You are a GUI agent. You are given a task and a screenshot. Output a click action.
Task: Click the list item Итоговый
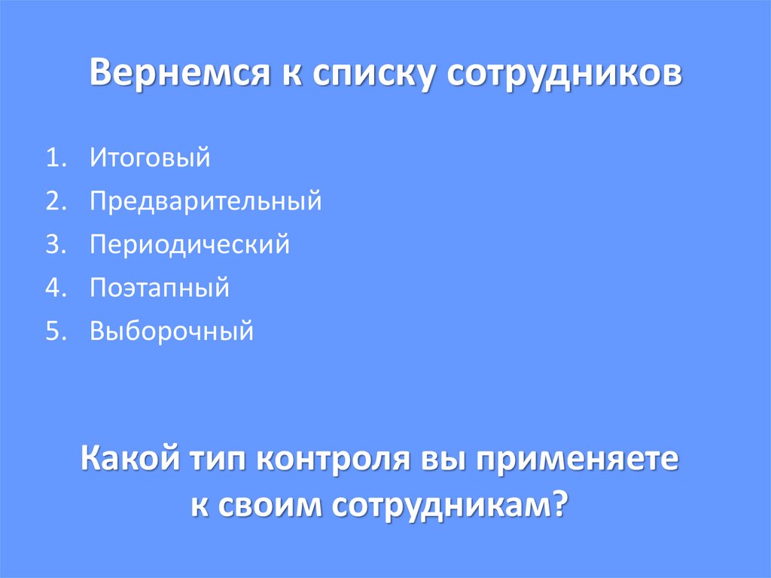point(149,158)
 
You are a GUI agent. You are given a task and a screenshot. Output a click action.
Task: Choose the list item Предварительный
point(206,201)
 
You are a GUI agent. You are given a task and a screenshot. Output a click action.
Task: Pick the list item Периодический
point(190,245)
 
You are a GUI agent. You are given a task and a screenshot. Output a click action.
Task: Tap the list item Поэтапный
point(160,288)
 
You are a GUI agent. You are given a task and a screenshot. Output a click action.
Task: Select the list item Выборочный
point(172,331)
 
